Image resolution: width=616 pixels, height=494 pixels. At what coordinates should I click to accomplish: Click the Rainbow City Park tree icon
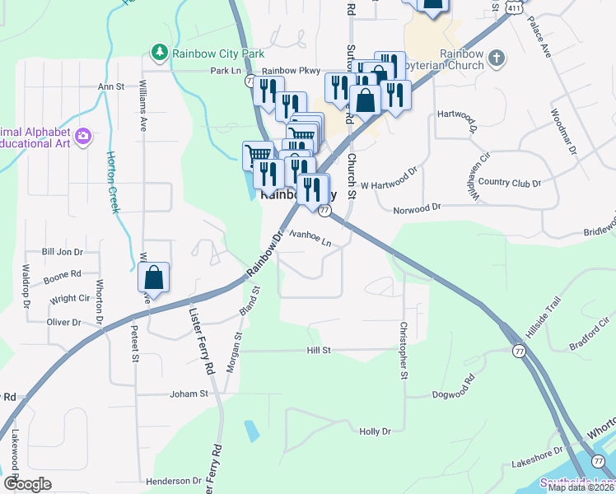click(158, 53)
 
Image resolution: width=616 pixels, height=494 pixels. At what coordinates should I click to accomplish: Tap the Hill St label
click(319, 350)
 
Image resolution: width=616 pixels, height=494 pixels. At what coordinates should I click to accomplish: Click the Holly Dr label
click(375, 431)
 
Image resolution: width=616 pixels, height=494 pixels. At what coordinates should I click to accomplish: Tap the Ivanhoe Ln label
click(310, 236)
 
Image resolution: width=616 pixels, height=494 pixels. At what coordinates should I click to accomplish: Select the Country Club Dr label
click(509, 183)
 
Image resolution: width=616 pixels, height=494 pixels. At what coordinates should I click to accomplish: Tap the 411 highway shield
click(515, 6)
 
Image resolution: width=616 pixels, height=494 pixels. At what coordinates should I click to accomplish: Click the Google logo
click(27, 483)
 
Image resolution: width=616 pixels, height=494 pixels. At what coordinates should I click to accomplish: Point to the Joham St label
click(189, 394)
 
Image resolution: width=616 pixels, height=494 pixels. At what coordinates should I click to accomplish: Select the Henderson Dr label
click(174, 481)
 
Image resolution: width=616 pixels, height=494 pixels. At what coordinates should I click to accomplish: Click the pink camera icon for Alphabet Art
click(82, 136)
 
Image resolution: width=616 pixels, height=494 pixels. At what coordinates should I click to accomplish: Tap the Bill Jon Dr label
click(63, 252)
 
